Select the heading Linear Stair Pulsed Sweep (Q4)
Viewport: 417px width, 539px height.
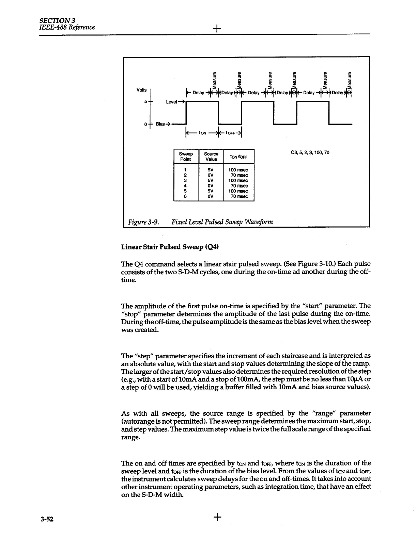click(x=169, y=247)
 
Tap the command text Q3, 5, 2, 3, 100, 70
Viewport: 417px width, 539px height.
click(x=310, y=152)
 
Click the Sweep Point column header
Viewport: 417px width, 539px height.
click(x=186, y=157)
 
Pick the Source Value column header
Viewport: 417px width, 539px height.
click(x=211, y=157)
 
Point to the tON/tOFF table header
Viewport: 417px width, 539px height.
click(x=238, y=157)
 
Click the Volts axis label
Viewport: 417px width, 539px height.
click(x=142, y=90)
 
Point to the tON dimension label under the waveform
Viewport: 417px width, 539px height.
click(x=202, y=133)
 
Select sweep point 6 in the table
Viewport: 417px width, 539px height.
click(x=185, y=196)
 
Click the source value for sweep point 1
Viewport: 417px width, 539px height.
click(x=211, y=170)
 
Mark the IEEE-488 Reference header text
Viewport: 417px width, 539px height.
click(x=67, y=27)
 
